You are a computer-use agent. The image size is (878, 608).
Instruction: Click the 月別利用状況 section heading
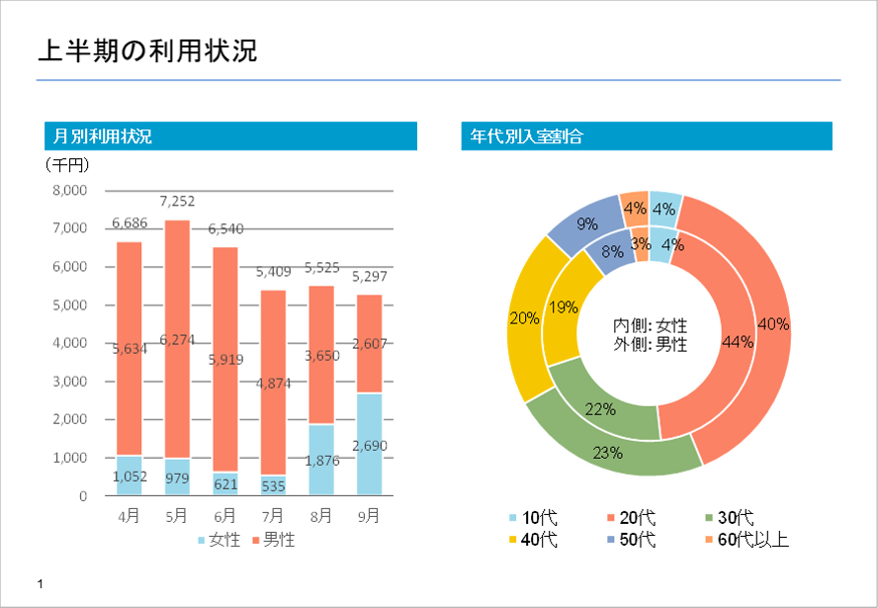(x=104, y=136)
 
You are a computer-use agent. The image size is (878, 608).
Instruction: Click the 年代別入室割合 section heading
(x=526, y=136)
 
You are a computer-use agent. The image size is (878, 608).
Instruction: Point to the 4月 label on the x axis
(x=129, y=515)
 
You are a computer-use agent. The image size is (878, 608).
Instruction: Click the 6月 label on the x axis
(x=225, y=515)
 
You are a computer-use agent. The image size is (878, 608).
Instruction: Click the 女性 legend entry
(x=220, y=541)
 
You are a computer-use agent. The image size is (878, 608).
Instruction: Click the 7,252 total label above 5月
(x=177, y=201)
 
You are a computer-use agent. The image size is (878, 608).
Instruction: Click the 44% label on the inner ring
(x=737, y=341)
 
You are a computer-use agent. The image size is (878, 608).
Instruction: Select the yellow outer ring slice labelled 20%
(x=523, y=318)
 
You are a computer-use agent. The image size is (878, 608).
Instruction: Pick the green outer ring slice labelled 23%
(x=607, y=452)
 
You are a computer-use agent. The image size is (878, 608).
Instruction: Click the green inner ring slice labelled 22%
(x=600, y=407)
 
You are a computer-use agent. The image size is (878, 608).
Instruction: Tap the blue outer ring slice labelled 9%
(x=587, y=224)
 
